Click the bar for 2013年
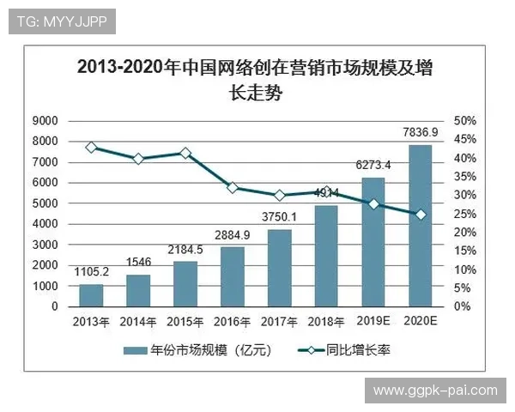(91, 295)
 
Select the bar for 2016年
(232, 276)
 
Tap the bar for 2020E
(420, 226)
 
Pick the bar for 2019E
(373, 242)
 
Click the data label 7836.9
(421, 132)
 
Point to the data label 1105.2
(91, 271)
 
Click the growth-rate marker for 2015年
(185, 153)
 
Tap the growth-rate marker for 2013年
(91, 148)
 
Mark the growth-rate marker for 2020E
(421, 214)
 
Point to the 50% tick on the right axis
(464, 120)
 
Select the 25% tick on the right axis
(464, 214)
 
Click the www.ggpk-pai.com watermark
(435, 391)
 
